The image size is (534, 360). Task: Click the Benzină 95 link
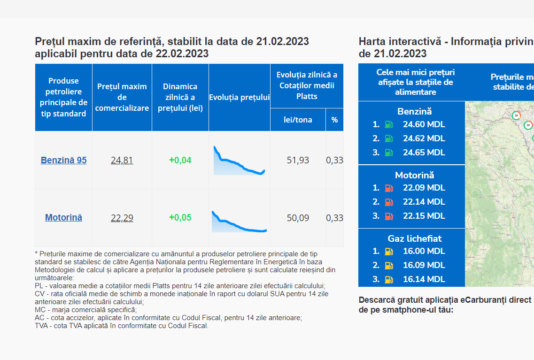(x=64, y=160)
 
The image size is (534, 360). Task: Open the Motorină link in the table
(x=64, y=217)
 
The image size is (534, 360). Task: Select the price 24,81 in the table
(x=122, y=160)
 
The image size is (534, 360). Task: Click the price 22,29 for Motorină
(x=122, y=218)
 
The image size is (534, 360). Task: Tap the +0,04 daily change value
(x=180, y=160)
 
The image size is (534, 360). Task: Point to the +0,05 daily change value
(x=180, y=217)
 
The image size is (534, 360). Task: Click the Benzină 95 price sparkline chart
(x=239, y=160)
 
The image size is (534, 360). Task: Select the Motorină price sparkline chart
(x=239, y=222)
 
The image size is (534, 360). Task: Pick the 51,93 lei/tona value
(x=298, y=160)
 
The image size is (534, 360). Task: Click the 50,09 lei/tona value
(x=298, y=218)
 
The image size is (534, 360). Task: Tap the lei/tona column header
(x=298, y=120)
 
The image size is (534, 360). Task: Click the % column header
(x=334, y=120)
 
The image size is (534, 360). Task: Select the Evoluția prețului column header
(x=240, y=97)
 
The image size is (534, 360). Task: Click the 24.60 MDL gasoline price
(x=424, y=124)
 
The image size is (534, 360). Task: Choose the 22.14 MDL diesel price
(x=424, y=202)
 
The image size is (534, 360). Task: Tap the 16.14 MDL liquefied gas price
(x=424, y=279)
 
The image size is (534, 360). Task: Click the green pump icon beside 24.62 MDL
(x=388, y=138)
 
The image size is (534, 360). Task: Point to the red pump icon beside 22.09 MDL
(x=388, y=188)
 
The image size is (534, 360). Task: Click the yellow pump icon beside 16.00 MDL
(x=388, y=252)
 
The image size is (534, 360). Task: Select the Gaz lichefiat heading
(x=414, y=238)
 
